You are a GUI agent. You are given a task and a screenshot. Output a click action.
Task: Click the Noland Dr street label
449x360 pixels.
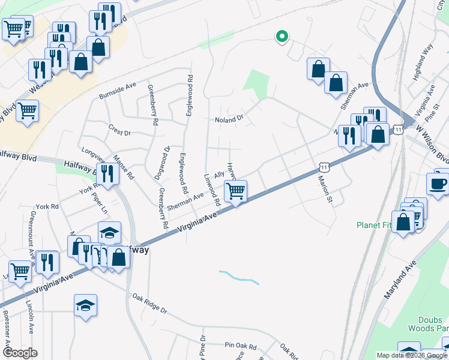(229, 119)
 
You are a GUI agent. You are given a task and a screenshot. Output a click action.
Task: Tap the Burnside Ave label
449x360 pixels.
(118, 91)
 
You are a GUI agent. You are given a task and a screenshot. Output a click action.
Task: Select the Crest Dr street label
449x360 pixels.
(119, 132)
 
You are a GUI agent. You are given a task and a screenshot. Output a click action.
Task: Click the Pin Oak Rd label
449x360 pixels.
(240, 346)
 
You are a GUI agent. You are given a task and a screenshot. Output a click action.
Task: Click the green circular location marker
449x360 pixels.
(281, 37)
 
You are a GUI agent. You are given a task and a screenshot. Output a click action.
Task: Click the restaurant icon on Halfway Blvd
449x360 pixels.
(107, 174)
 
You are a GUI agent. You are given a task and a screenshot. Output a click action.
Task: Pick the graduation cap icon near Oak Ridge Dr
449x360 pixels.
(85, 305)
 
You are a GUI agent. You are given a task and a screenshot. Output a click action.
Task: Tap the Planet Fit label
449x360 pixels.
(373, 226)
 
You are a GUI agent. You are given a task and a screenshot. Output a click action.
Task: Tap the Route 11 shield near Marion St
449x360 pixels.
(323, 165)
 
